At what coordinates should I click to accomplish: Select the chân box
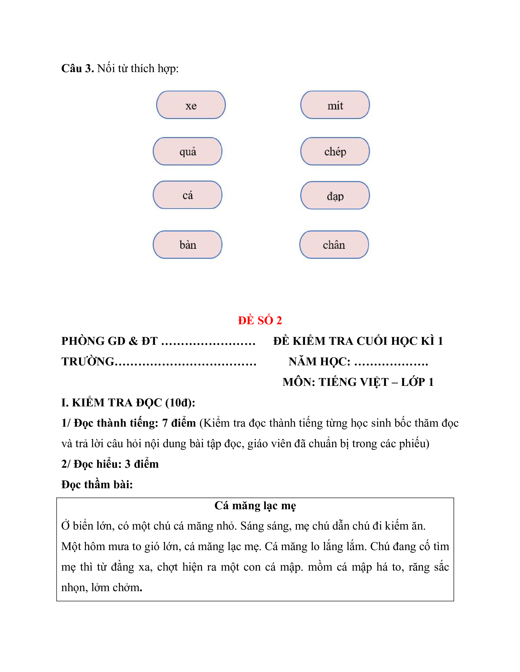(334, 245)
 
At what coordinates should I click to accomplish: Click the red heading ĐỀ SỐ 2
(260, 320)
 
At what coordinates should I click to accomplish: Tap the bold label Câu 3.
(77, 68)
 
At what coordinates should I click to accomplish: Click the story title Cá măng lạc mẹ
(255, 506)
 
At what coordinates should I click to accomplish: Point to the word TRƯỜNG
(88, 362)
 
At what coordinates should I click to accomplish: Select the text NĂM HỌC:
(319, 362)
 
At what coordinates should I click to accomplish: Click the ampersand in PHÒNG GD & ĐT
(133, 341)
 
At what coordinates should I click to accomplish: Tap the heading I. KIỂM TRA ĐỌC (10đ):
(128, 402)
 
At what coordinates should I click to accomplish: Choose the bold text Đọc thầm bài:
(97, 485)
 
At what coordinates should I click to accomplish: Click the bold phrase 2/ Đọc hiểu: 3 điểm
(110, 464)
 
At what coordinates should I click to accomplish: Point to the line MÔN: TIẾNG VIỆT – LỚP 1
(358, 382)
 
